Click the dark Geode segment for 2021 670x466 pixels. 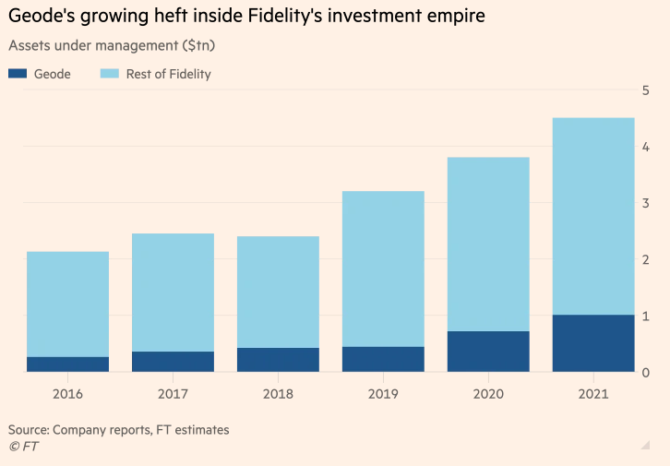pos(593,343)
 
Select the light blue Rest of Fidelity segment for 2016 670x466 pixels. pos(67,304)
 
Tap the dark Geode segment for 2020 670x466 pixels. pos(488,352)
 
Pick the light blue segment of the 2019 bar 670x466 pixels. pos(383,269)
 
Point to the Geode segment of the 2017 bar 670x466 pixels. pos(173,362)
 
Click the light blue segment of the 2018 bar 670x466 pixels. pos(278,292)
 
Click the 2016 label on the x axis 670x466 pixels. pos(67,394)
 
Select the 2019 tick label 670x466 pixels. pos(383,394)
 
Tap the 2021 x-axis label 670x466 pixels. pos(593,394)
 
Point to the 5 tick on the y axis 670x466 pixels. pos(646,90)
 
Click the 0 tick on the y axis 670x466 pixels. pos(646,372)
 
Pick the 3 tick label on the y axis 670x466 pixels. pos(646,203)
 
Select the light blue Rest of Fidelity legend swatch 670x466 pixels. pos(113,74)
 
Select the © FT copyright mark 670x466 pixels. pos(23,447)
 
